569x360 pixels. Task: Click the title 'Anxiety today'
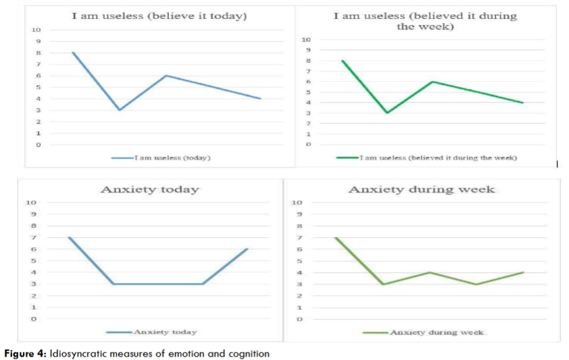149,189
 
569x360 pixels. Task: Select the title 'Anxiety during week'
421,189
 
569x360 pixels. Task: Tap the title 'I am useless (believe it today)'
159,15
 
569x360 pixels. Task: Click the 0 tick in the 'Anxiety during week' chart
298,319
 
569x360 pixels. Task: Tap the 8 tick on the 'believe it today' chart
38,53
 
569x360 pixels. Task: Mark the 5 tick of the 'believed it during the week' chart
308,92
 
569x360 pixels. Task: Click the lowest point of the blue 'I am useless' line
120,109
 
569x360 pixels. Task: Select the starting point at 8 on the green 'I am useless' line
343,61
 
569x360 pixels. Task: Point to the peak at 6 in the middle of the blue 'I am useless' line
166,75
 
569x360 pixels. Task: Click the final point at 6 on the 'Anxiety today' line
248,249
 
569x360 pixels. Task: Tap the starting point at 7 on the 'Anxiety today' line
69,237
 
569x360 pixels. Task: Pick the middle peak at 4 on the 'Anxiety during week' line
430,272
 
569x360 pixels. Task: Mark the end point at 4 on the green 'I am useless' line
522,103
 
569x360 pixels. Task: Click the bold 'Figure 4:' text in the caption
25,353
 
